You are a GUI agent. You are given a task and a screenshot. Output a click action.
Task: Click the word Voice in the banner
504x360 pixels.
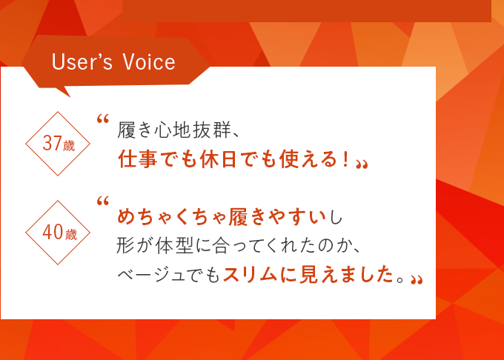click(149, 61)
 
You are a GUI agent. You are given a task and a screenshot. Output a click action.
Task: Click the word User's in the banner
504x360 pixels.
click(82, 61)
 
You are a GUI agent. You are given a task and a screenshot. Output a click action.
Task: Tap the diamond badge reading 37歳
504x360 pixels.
click(58, 144)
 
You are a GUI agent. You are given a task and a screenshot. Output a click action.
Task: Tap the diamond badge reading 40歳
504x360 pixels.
click(58, 233)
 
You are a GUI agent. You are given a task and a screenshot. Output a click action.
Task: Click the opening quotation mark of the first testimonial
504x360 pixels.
click(103, 119)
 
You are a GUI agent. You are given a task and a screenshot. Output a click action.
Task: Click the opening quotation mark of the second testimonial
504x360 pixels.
click(103, 201)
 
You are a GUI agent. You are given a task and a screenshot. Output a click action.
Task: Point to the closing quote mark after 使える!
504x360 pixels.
click(362, 164)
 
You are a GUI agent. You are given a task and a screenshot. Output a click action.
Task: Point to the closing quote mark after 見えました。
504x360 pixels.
click(417, 279)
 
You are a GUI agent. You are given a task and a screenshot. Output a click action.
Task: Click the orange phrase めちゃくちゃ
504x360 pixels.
click(172, 217)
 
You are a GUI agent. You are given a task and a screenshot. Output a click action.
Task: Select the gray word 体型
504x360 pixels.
click(174, 247)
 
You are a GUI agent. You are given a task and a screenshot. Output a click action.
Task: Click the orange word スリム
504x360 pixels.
click(250, 275)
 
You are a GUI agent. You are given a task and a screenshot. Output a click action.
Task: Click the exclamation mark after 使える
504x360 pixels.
click(346, 159)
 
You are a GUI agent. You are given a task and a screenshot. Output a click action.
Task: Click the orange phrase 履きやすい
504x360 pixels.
click(277, 217)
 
